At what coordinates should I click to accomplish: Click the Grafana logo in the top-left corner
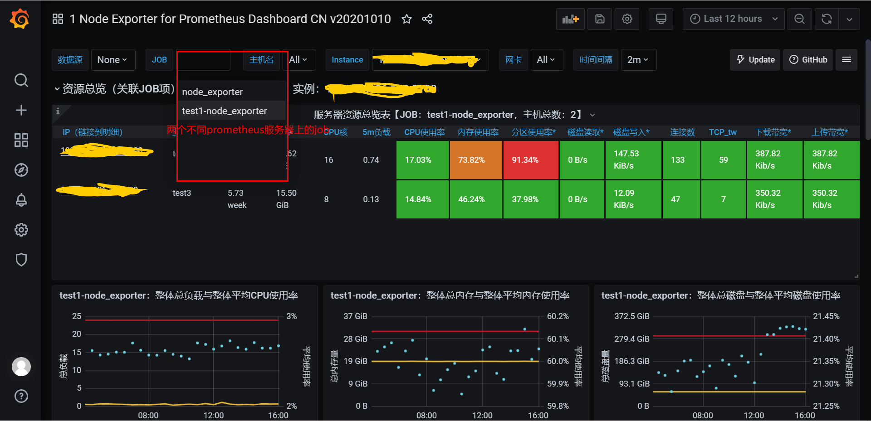pos(20,19)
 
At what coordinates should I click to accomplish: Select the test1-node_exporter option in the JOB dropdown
pos(225,111)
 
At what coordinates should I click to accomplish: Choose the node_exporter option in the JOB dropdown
pos(212,92)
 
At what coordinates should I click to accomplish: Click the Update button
pos(755,60)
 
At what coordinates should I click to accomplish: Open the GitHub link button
pos(808,60)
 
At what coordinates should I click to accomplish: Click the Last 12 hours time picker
pos(733,19)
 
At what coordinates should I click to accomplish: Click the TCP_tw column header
pos(723,132)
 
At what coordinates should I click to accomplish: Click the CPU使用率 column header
pos(424,132)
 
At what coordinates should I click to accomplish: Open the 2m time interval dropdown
pos(638,60)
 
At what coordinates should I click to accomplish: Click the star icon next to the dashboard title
pos(406,19)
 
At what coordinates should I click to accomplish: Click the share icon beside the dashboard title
pos(427,19)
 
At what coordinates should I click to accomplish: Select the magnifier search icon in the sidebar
pos(21,81)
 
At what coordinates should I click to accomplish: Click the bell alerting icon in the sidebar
pos(21,200)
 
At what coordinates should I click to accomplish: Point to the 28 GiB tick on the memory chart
pos(355,339)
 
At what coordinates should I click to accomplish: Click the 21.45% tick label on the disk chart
pos(826,316)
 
